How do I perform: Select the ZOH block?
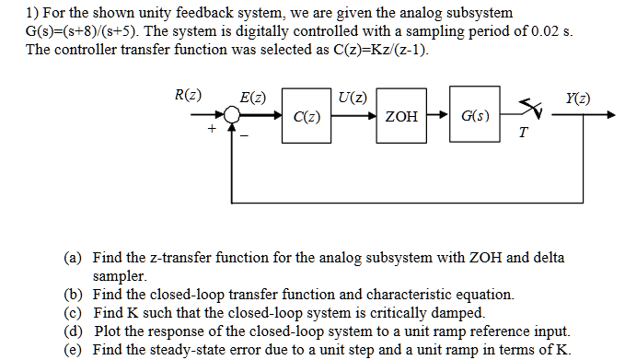click(399, 117)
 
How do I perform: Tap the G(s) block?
click(475, 117)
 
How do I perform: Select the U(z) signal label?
click(353, 97)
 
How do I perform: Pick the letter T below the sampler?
click(522, 134)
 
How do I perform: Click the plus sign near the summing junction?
click(213, 131)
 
